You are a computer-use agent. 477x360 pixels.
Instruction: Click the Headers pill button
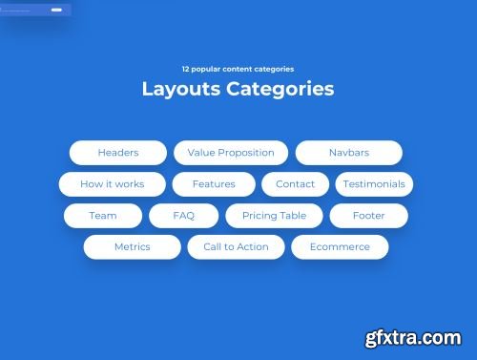click(118, 153)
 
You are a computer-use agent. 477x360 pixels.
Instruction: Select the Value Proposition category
click(231, 153)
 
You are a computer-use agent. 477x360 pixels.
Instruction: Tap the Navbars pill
click(349, 153)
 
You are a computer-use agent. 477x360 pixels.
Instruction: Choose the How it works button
click(112, 184)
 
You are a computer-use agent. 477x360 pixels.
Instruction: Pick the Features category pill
click(214, 184)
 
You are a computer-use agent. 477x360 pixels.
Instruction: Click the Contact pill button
click(295, 184)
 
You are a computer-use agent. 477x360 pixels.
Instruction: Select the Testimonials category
click(374, 184)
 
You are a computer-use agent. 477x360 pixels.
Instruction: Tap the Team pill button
click(103, 216)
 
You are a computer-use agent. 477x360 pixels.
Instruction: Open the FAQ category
click(183, 216)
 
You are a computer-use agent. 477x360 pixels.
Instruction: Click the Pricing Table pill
click(274, 216)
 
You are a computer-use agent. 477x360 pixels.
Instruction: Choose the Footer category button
click(368, 216)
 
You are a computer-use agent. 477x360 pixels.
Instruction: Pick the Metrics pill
click(132, 247)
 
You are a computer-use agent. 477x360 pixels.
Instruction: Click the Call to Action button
click(236, 247)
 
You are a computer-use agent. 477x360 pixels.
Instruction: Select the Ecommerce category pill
click(339, 247)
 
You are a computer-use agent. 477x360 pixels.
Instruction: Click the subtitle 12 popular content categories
click(238, 69)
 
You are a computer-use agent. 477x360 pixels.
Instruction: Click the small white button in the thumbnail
click(56, 10)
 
